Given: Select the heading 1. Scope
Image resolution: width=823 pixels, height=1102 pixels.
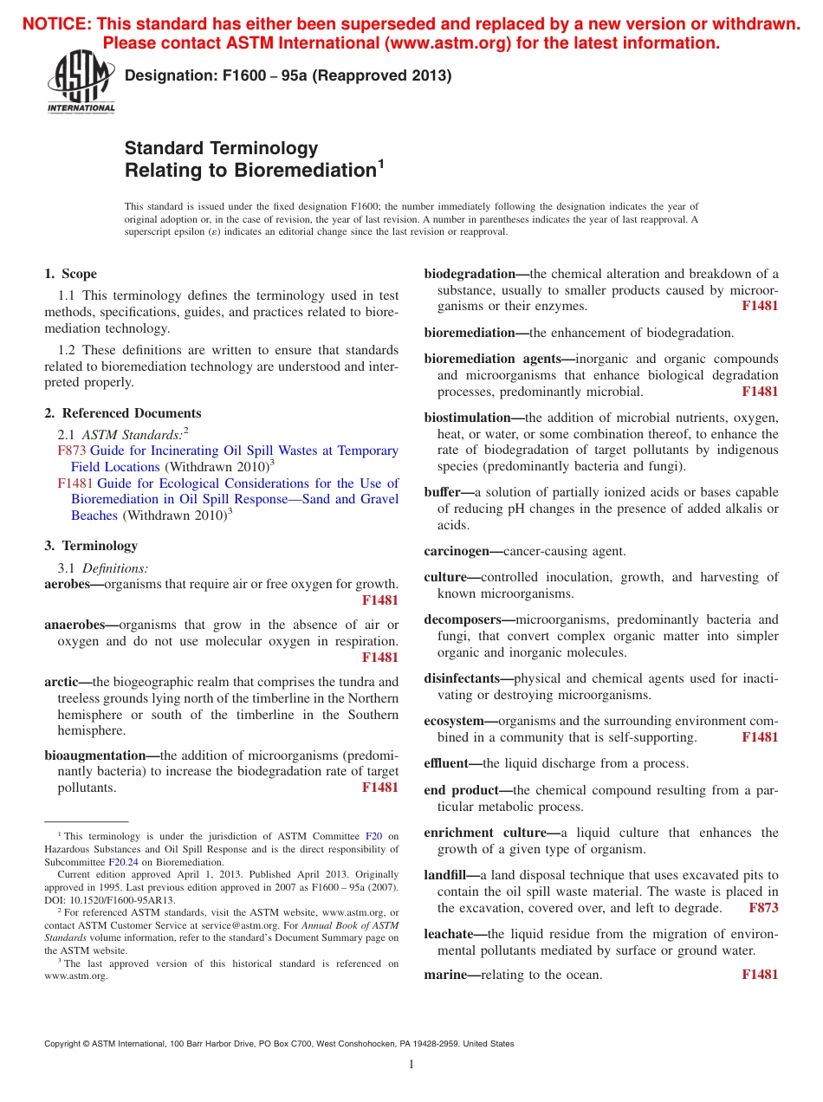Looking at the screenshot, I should point(71,274).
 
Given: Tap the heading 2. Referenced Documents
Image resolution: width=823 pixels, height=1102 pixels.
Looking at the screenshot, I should point(123,413).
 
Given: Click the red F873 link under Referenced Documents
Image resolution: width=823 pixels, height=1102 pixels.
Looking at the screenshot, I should point(71,451).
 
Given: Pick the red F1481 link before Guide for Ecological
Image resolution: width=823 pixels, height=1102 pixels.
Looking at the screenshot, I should point(75,483).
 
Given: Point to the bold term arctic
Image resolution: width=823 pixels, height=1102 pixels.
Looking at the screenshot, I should point(63,682).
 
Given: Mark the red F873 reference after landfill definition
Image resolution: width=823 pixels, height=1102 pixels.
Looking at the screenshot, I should point(763,908).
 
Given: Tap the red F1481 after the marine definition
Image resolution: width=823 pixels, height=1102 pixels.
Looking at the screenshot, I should point(760,975).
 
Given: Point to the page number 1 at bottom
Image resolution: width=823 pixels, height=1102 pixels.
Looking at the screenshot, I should point(411,1065).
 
